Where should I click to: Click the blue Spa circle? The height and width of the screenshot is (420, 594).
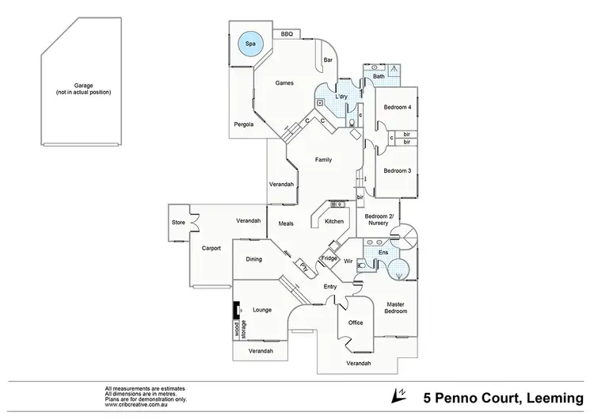pos(250,44)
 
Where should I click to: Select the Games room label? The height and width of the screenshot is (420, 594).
pos(284,83)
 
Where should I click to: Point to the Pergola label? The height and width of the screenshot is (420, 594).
pos(243,124)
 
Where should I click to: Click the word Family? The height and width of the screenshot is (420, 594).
pos(323,160)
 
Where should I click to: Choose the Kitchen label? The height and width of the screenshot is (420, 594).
pos(334,221)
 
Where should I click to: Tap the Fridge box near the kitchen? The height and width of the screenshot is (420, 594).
pos(329,258)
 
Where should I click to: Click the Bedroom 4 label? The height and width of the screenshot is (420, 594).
pos(398,107)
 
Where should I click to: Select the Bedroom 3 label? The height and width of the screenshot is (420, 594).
pos(398,171)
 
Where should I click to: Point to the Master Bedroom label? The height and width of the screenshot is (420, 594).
pos(396,307)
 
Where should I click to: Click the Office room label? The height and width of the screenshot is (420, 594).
pos(356,323)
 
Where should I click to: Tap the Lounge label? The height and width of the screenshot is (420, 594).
pos(262,310)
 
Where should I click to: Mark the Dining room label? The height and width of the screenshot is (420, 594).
pos(253,259)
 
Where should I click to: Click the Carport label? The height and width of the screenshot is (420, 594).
pos(211,248)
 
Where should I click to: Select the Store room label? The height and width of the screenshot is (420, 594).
pos(178,223)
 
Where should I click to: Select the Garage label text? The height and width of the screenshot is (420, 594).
pos(83,88)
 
